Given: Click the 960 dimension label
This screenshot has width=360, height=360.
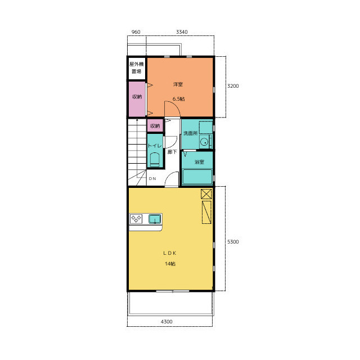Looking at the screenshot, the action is coord(136,32).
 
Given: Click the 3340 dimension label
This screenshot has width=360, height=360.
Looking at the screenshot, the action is coord(182,32).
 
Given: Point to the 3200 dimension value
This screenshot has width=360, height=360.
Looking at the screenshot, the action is coord(233,86).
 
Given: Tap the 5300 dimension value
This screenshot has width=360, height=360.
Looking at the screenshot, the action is coord(233,242).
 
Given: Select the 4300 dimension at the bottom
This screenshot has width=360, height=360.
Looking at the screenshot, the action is coord(166,322).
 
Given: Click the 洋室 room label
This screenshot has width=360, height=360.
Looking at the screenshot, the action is coord(178,84).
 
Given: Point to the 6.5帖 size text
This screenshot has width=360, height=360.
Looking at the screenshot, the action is coord(179,99).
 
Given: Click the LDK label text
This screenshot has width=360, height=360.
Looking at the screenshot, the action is coord(170,253).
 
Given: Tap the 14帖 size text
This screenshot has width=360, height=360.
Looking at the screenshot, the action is coord(170,264).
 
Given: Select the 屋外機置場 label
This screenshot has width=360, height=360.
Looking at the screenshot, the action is coord(136,67).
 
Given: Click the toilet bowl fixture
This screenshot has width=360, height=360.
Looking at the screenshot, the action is coord(155,160).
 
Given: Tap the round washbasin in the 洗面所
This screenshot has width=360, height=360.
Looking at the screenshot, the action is coord(204,142).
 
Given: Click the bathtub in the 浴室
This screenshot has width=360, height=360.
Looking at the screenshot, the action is coord(197,177).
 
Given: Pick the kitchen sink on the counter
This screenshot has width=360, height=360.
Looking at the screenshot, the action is coord(155,219).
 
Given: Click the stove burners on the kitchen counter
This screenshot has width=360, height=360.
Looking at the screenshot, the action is coord(136,219).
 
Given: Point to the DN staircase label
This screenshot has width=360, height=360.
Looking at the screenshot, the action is coord(152,178).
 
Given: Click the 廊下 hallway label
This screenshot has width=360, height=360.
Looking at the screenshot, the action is coord(172,152).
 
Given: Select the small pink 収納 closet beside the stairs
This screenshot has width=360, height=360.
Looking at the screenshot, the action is coord(155,126).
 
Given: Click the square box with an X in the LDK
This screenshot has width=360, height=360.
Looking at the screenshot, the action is coord(206,194).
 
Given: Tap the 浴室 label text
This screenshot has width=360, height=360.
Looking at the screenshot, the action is coord(199,162).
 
